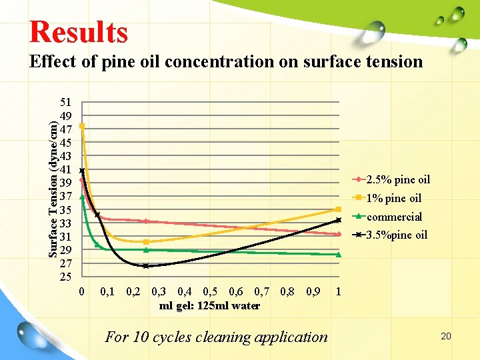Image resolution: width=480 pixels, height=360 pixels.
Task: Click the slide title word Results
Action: pyautogui.click(x=78, y=31)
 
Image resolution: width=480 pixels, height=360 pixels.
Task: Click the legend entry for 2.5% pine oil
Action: pyautogui.click(x=398, y=179)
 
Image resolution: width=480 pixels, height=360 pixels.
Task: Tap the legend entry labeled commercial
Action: pyautogui.click(x=394, y=217)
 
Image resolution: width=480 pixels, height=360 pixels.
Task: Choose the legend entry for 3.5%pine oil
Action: pyautogui.click(x=397, y=235)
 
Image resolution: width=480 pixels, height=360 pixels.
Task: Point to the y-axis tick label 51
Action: pyautogui.click(x=66, y=103)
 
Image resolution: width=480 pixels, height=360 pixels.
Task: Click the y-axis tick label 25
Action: pyautogui.click(x=66, y=276)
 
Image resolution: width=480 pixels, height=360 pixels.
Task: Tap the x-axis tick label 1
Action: pyautogui.click(x=339, y=291)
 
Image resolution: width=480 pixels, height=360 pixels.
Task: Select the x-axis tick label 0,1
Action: pyautogui.click(x=107, y=291)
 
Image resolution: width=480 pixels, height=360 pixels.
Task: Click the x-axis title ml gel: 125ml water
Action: pyautogui.click(x=210, y=306)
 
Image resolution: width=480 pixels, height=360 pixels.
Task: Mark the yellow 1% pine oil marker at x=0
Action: pyautogui.click(x=82, y=126)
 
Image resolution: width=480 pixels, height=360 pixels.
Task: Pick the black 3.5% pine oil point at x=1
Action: pyautogui.click(x=339, y=220)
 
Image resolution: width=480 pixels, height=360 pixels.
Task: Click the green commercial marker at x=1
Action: pyautogui.click(x=339, y=254)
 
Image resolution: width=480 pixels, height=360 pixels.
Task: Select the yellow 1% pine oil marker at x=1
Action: pyautogui.click(x=339, y=209)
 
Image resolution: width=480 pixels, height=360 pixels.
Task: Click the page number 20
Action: pyautogui.click(x=446, y=336)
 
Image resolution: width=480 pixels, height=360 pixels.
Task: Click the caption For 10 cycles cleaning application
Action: pyautogui.click(x=217, y=337)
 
